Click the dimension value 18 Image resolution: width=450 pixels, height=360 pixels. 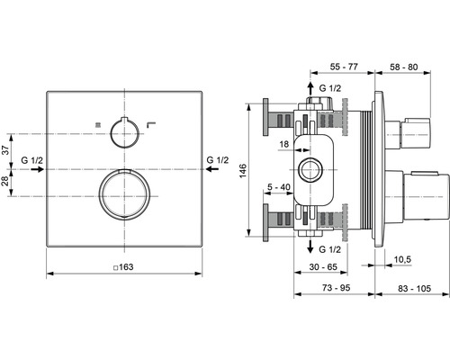tap(284, 143)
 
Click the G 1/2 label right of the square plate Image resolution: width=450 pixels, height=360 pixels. tap(216, 161)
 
